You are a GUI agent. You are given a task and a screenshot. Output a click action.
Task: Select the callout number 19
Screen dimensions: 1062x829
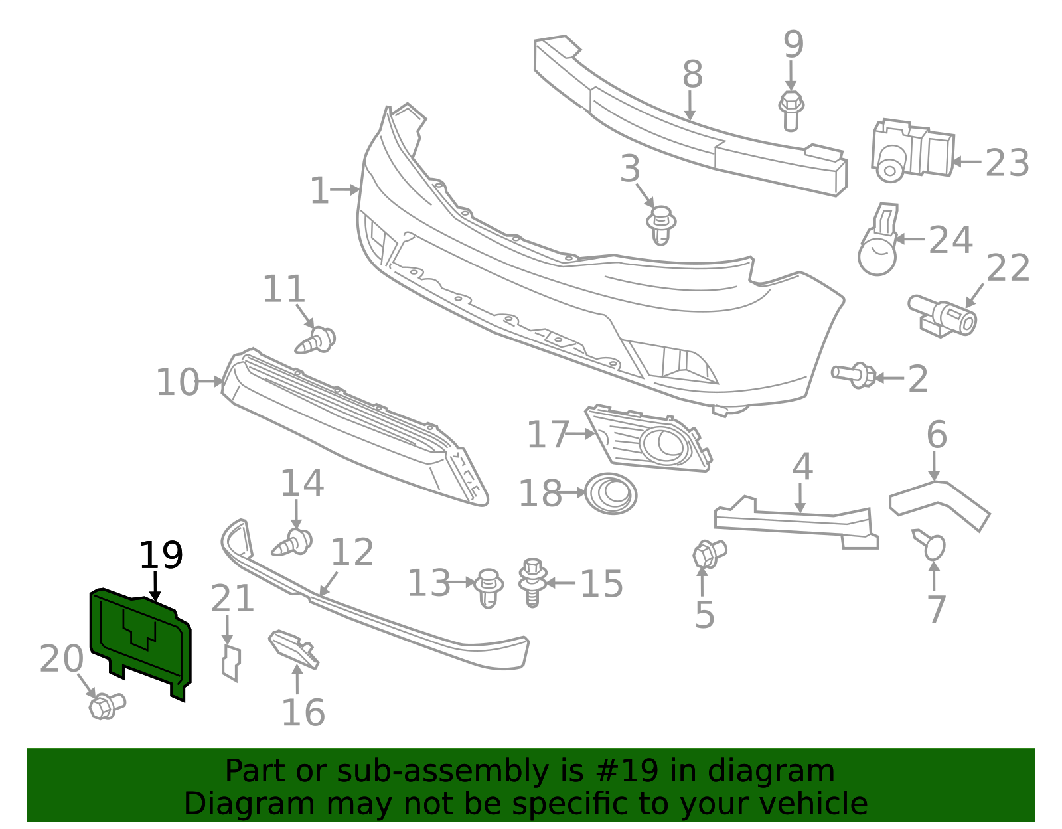(x=161, y=556)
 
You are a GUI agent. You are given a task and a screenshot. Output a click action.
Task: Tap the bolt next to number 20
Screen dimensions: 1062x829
(x=107, y=706)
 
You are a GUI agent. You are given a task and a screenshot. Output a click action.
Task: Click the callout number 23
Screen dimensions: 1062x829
(x=1008, y=163)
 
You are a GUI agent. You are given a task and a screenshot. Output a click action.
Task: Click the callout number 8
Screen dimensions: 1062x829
(x=692, y=75)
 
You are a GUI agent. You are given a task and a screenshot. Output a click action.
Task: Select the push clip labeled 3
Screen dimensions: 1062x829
(x=661, y=225)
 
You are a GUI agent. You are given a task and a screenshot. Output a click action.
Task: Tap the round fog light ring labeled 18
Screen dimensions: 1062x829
(x=611, y=493)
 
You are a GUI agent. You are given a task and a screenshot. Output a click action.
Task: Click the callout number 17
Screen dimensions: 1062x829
(x=548, y=434)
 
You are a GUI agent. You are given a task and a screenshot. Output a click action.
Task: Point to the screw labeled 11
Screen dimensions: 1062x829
(x=316, y=340)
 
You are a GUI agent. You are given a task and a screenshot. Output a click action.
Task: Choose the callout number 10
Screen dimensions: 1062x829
(x=177, y=382)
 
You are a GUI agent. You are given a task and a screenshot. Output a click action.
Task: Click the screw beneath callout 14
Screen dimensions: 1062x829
(x=292, y=542)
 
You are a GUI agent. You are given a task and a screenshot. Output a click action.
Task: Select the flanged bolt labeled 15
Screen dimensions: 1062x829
(x=532, y=583)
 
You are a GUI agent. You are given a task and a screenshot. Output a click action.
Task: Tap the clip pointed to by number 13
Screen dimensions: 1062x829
(x=489, y=588)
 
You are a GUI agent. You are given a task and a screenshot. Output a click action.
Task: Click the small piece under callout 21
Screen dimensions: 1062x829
(x=231, y=663)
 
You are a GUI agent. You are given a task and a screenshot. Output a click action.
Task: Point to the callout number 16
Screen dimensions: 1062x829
(x=303, y=713)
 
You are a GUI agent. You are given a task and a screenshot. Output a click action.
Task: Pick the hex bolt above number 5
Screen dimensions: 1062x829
(x=710, y=554)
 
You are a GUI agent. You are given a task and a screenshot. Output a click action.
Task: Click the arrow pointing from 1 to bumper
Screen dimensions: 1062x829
(x=345, y=190)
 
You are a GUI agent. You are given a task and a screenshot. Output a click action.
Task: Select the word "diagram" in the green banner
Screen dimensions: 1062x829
(x=771, y=771)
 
